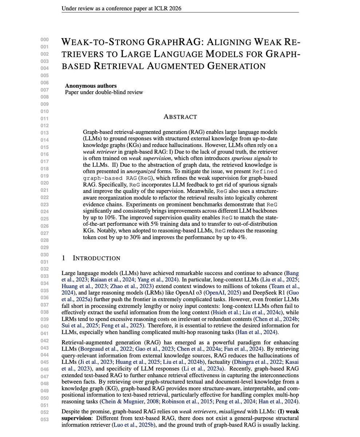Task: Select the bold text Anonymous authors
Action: (x=91, y=86)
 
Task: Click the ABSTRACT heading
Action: (x=180, y=117)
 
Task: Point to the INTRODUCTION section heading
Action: (x=96, y=258)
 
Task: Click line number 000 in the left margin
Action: (x=44, y=40)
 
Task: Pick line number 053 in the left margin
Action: (x=44, y=419)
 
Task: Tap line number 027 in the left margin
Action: (x=44, y=233)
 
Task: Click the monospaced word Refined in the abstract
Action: (x=265, y=171)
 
